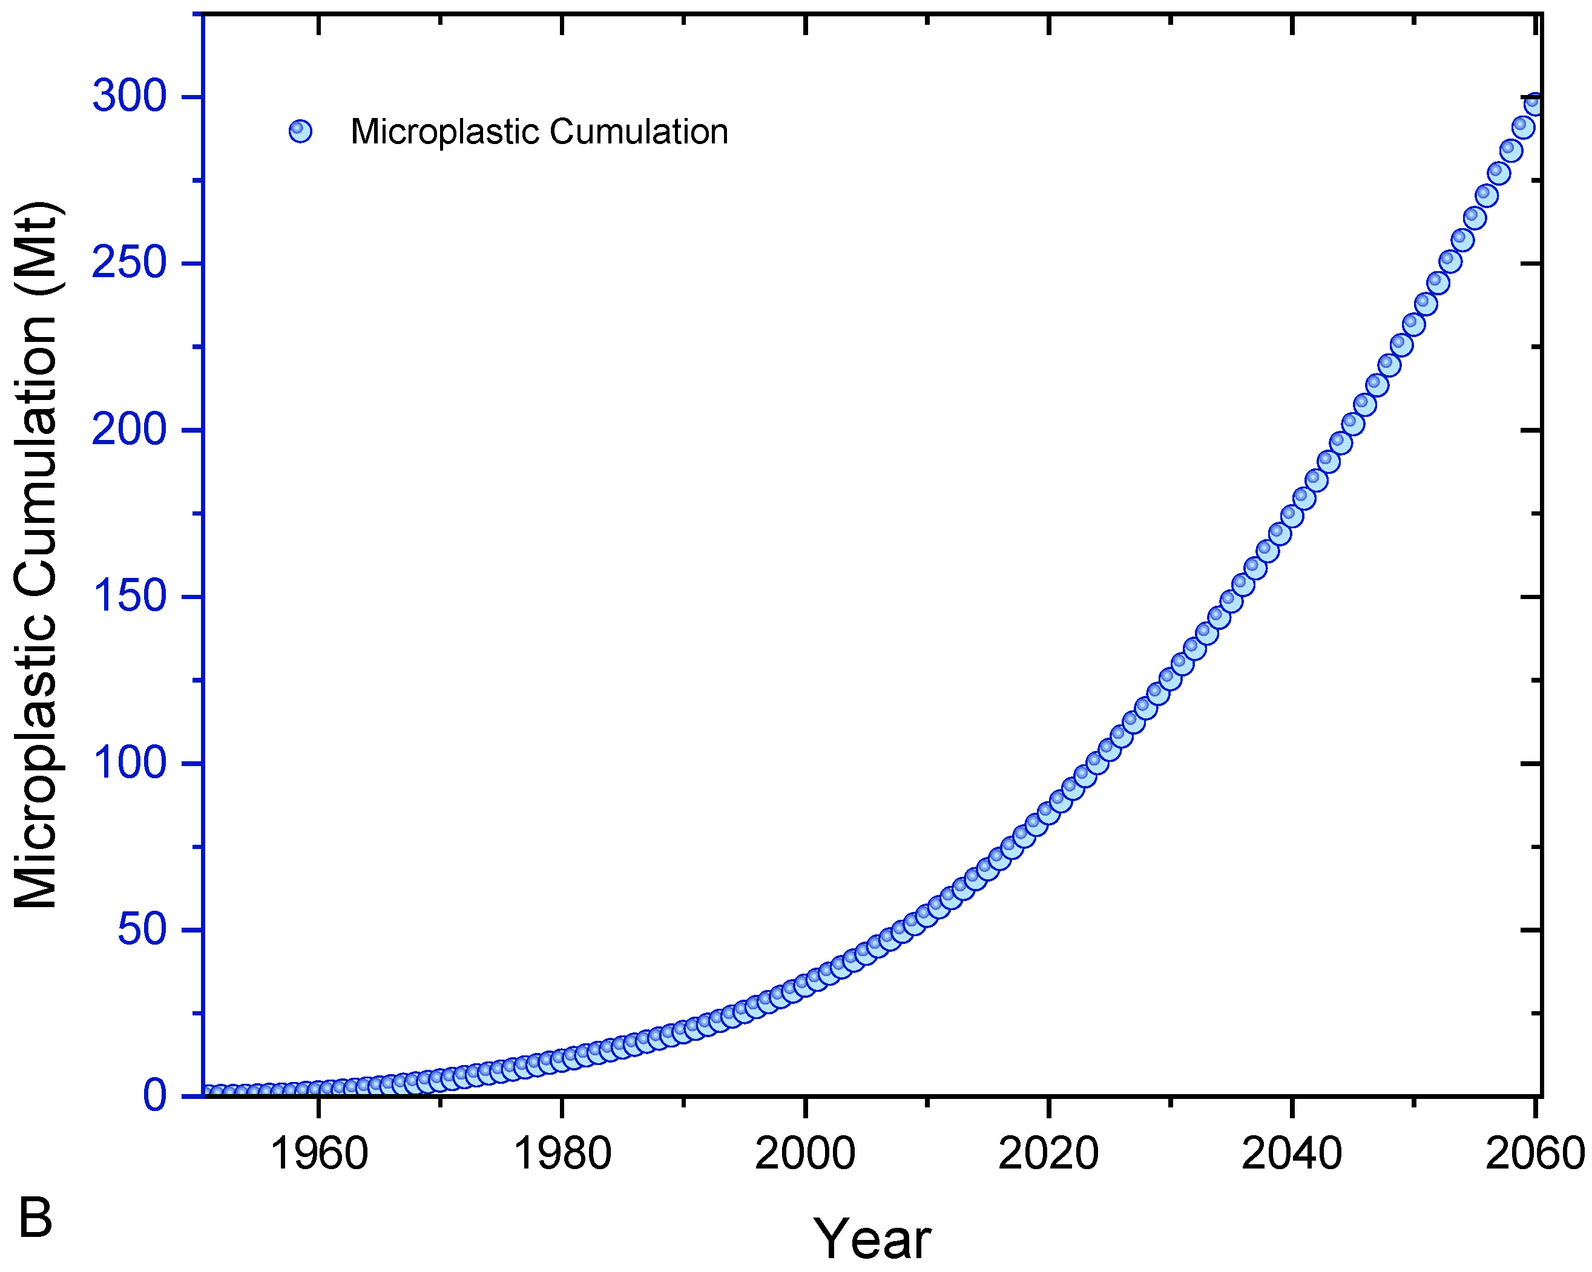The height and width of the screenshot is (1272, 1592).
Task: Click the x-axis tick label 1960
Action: [318, 1153]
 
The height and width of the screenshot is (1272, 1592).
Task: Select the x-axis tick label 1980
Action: [562, 1153]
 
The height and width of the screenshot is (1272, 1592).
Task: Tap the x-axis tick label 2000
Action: [805, 1153]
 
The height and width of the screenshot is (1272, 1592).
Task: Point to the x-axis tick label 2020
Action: [1048, 1153]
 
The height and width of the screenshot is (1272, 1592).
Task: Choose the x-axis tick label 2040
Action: [1292, 1153]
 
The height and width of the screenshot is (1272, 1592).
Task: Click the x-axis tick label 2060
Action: [1535, 1153]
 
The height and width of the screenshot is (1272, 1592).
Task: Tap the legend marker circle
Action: [300, 131]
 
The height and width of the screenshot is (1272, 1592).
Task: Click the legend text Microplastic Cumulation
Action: [539, 131]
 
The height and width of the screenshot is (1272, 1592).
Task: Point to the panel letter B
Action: [36, 1218]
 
